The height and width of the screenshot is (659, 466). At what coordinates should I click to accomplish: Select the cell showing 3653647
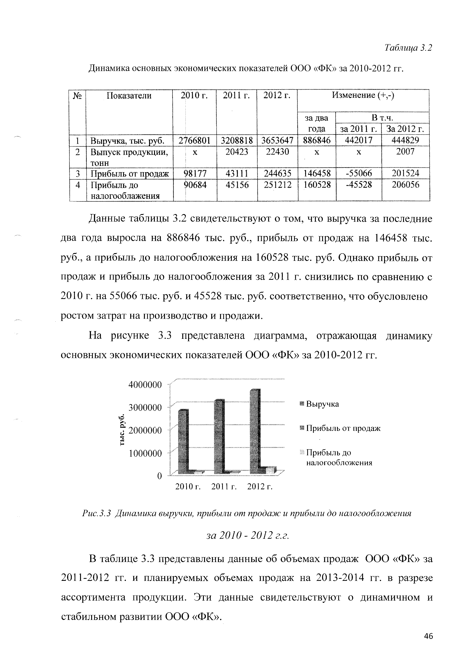click(277, 140)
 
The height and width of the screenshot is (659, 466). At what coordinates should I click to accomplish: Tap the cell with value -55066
click(359, 173)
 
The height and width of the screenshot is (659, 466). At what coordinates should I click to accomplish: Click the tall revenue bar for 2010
click(183, 442)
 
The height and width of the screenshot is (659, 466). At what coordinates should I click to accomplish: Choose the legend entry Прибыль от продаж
click(343, 428)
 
